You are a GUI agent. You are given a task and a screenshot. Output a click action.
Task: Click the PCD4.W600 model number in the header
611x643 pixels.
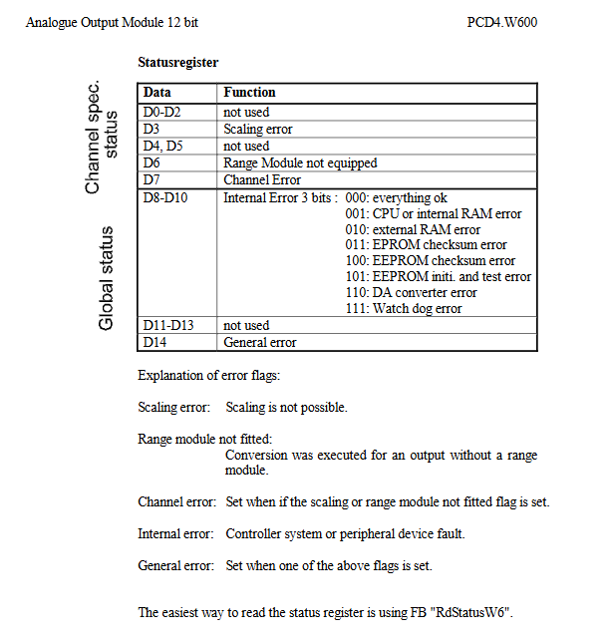(501, 21)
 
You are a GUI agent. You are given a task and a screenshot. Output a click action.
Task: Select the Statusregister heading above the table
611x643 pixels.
(177, 63)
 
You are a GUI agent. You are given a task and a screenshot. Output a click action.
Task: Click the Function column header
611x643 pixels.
(249, 93)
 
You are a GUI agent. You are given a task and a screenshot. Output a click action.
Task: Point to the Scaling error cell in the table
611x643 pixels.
(257, 130)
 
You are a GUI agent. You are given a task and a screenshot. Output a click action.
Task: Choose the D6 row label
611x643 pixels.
(152, 162)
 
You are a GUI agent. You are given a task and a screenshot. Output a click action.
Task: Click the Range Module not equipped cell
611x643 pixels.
(300, 162)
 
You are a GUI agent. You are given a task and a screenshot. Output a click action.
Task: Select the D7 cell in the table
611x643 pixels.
(152, 179)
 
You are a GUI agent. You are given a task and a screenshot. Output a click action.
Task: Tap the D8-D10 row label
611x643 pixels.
(165, 197)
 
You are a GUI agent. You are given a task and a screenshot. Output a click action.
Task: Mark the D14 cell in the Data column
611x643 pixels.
(154, 342)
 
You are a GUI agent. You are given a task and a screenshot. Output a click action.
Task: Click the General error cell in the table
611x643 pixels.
(259, 342)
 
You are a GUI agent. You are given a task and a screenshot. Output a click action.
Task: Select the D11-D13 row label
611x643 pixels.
(167, 326)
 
